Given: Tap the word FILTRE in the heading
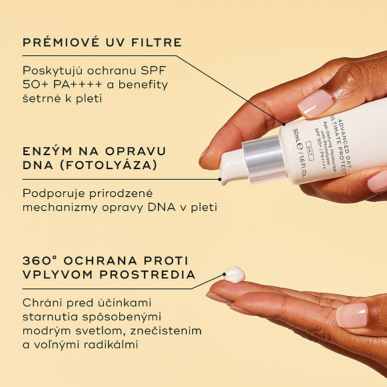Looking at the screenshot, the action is pyautogui.click(x=157, y=43).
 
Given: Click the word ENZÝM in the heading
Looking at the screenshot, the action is pyautogui.click(x=47, y=151).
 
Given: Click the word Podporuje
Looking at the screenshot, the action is pyautogui.click(x=54, y=194).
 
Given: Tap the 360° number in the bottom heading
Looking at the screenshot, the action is pyautogui.click(x=40, y=260).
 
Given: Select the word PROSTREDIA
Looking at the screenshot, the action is pyautogui.click(x=147, y=274).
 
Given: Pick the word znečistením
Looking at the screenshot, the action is pyautogui.click(x=166, y=331).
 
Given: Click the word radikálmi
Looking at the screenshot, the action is pyautogui.click(x=111, y=344).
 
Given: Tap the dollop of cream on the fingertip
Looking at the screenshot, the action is pyautogui.click(x=234, y=274).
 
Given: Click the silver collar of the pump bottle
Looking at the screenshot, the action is pyautogui.click(x=264, y=159).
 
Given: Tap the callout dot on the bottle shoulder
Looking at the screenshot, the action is pyautogui.click(x=284, y=124).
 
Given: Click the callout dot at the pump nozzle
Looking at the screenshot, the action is pyautogui.click(x=220, y=179).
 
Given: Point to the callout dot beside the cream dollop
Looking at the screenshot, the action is pyautogui.click(x=224, y=274).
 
